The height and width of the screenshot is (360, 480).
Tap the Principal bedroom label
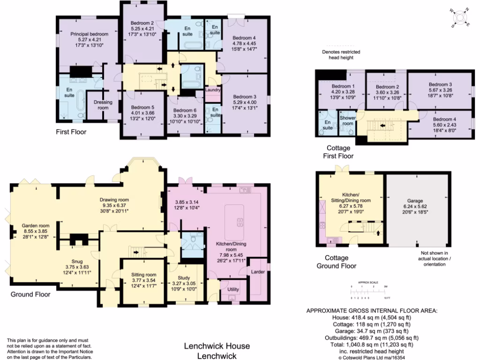[x=90, y=34]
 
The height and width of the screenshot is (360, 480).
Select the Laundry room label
[x=213, y=90]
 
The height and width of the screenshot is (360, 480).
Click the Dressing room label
[x=102, y=105]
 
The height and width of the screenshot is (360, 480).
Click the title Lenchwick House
[x=216, y=346]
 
